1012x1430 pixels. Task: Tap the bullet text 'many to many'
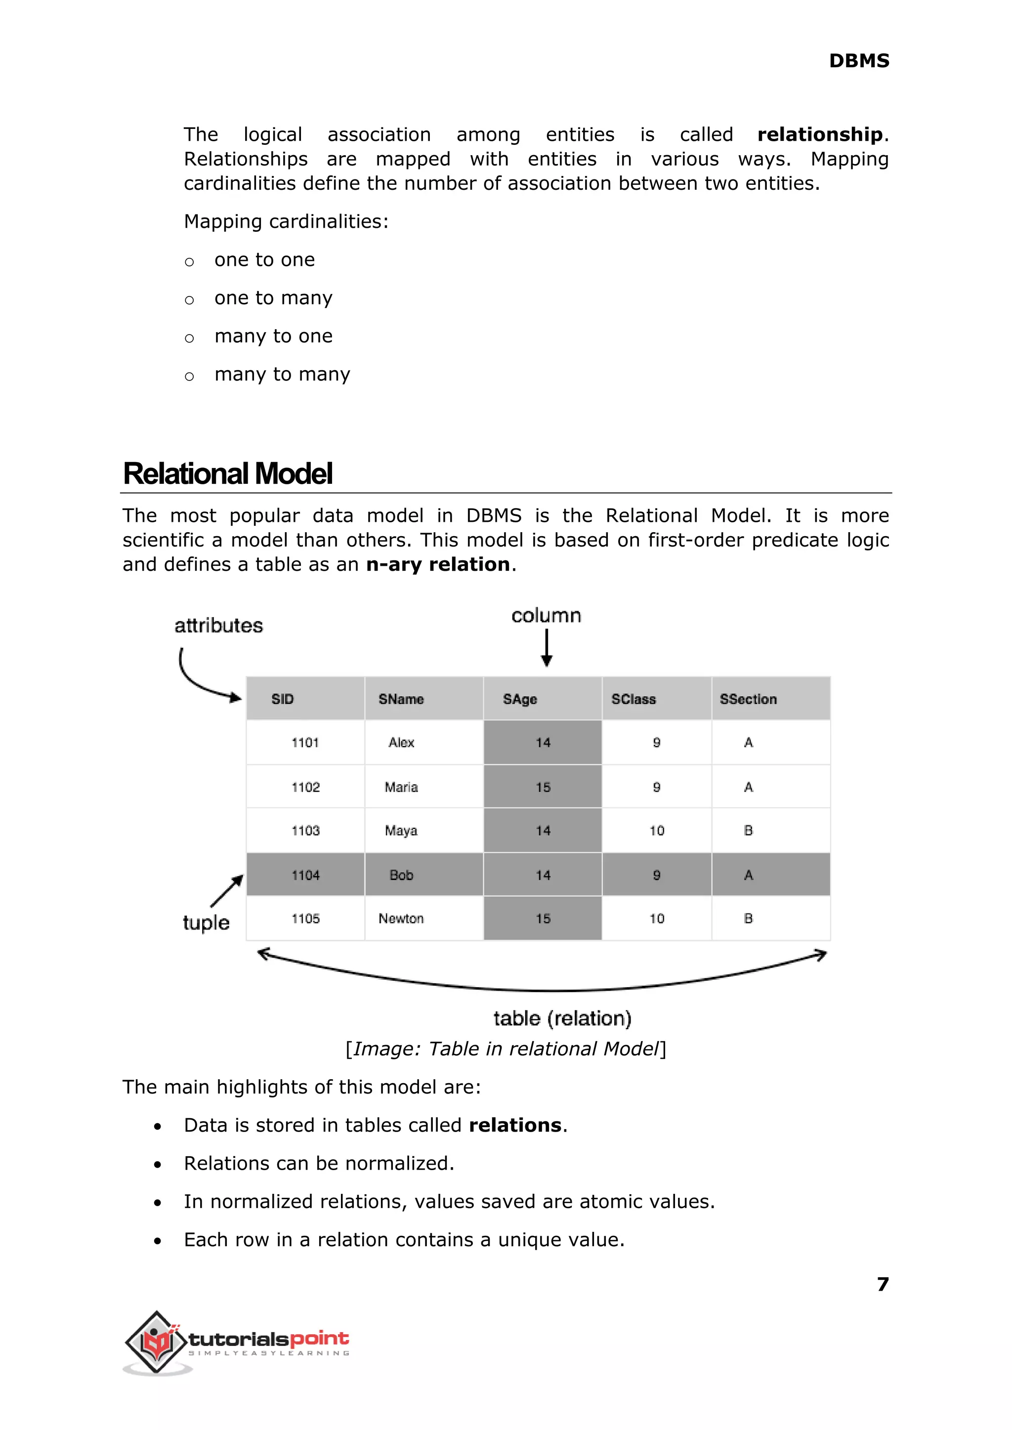pyautogui.click(x=282, y=374)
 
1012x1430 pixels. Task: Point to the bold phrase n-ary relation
pyautogui.click(x=437, y=564)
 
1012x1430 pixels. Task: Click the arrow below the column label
pyautogui.click(x=547, y=648)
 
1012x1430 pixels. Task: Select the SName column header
pyautogui.click(x=401, y=699)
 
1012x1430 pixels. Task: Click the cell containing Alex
pyautogui.click(x=401, y=743)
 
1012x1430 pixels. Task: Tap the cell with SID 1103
pyautogui.click(x=305, y=831)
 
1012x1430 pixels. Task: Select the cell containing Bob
pyautogui.click(x=401, y=875)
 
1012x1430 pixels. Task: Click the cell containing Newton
pyautogui.click(x=401, y=919)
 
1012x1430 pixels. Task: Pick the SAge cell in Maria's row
pyautogui.click(x=543, y=787)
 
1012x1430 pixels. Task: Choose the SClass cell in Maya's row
pyautogui.click(x=657, y=831)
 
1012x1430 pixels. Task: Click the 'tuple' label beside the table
pyautogui.click(x=206, y=923)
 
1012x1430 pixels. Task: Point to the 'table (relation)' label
pyautogui.click(x=562, y=1018)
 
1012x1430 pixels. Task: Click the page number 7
pyautogui.click(x=883, y=1284)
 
